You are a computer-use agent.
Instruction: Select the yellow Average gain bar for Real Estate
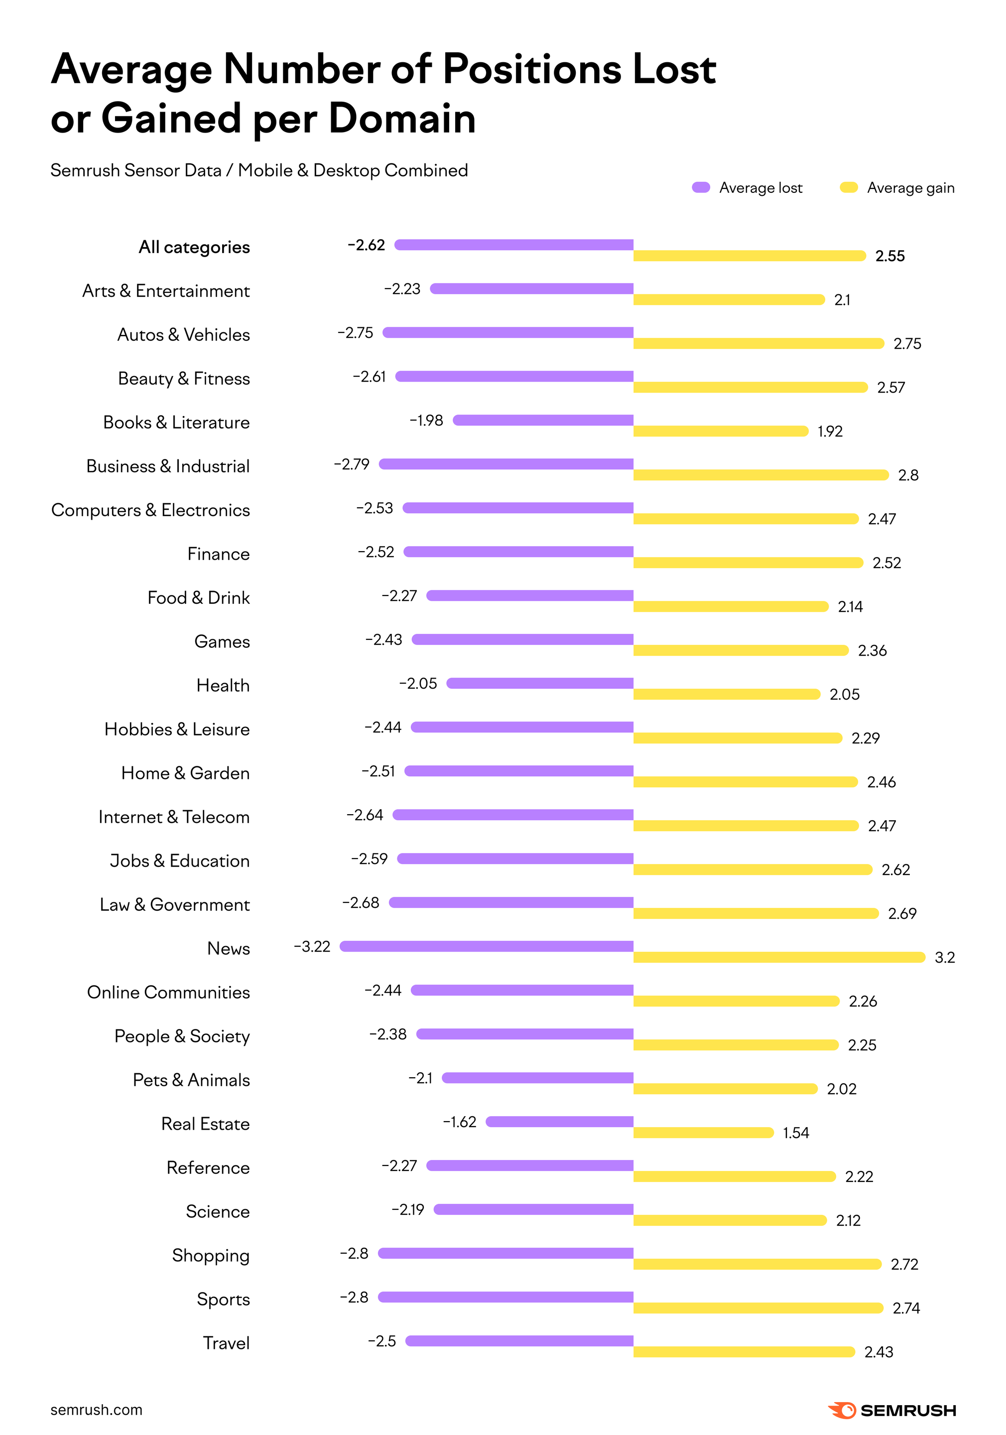[703, 1133]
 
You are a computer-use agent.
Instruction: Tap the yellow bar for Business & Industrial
[760, 475]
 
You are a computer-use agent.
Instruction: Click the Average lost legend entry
[748, 187]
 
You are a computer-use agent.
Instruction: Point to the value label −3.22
[312, 946]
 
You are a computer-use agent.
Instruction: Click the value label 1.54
[795, 1133]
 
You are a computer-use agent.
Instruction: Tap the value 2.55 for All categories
[890, 256]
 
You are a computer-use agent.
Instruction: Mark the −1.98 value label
[426, 420]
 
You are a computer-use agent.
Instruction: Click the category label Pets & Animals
[191, 1080]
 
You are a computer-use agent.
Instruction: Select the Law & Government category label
[174, 904]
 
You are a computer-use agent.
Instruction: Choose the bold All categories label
[194, 247]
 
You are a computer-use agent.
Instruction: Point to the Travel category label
[226, 1343]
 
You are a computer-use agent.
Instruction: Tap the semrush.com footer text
[96, 1410]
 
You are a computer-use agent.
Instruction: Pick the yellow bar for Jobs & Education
[753, 869]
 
